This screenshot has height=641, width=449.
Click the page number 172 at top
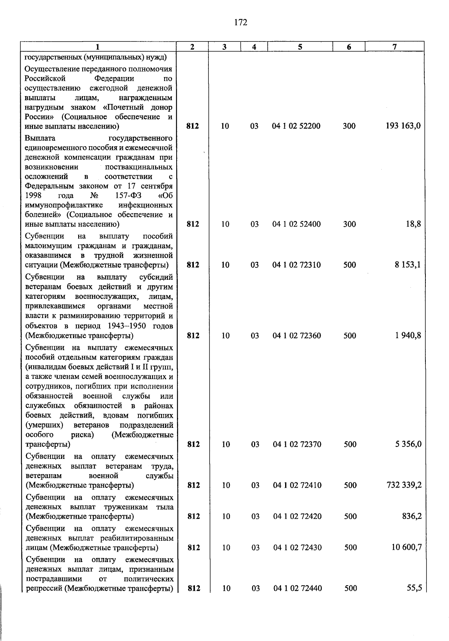click(x=241, y=23)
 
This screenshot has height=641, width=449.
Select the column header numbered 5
click(x=300, y=47)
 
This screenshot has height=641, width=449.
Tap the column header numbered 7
click(x=394, y=47)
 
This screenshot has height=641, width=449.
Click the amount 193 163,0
click(x=403, y=126)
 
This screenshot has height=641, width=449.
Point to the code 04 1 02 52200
click(x=296, y=126)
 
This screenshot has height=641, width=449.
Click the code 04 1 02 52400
click(x=296, y=224)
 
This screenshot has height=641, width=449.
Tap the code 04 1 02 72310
click(x=297, y=265)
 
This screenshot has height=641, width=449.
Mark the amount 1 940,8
click(x=408, y=335)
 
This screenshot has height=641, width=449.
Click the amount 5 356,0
click(x=408, y=444)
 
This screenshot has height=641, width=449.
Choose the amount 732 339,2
click(x=404, y=485)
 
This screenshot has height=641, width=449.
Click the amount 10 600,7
click(x=406, y=548)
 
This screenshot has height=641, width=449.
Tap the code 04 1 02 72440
click(x=297, y=588)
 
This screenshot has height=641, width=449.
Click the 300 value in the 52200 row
click(x=349, y=126)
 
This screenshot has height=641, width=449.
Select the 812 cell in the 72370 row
click(x=193, y=444)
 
